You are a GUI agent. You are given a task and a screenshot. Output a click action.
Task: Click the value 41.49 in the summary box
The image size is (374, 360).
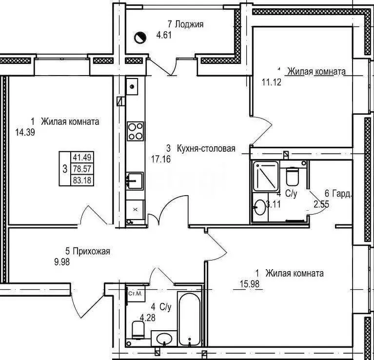point(82,158)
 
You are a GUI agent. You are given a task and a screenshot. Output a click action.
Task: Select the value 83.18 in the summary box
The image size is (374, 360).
point(82,180)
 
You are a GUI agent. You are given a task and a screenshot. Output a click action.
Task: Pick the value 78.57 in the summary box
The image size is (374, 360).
point(82,169)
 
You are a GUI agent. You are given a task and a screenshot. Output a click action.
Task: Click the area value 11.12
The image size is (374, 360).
point(271,81)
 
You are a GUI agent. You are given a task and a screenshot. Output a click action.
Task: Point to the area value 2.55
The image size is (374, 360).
point(321,205)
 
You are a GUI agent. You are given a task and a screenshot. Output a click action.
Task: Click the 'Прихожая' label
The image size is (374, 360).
point(91,252)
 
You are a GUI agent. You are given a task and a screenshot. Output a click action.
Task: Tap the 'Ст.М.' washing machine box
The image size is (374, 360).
point(134,294)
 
